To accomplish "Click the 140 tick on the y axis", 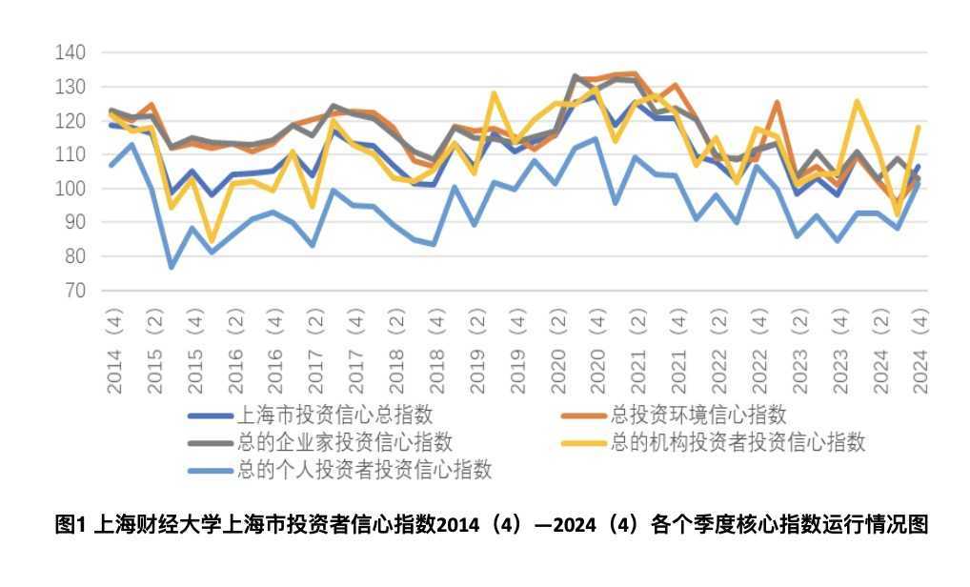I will click(x=71, y=52).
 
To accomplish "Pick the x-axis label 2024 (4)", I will click(x=919, y=353).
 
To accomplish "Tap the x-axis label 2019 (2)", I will click(x=476, y=353).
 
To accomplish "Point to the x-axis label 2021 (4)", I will click(x=677, y=353).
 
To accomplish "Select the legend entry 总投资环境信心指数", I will click(x=700, y=415).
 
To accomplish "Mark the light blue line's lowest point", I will click(x=172, y=267).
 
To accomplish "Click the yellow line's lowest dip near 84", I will click(x=212, y=241).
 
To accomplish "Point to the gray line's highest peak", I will click(x=576, y=75).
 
